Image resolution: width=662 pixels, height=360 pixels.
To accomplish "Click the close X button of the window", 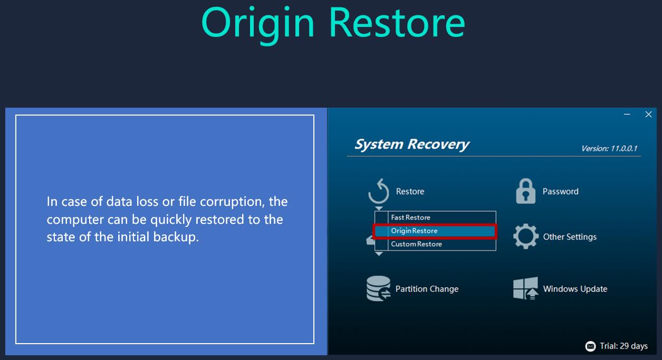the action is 648,115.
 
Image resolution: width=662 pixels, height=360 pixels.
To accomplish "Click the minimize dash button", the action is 627,115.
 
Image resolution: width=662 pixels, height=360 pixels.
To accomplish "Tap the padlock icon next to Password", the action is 525,191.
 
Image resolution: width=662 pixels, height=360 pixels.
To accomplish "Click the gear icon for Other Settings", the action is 526,236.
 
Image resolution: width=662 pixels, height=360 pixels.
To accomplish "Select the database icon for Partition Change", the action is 379,288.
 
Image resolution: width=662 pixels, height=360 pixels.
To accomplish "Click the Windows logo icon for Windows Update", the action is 525,288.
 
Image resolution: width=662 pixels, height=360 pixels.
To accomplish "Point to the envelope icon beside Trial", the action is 590,346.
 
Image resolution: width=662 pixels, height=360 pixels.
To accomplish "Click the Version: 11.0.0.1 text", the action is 609,148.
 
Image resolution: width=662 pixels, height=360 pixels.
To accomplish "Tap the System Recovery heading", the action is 411,144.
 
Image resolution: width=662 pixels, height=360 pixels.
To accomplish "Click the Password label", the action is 560,192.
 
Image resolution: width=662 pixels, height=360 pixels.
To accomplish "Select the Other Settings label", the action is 570,237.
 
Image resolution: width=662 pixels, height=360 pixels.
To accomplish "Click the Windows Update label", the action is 575,289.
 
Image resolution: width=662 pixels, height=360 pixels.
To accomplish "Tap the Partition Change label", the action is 427,289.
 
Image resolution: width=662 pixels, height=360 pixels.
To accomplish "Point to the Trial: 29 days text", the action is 623,346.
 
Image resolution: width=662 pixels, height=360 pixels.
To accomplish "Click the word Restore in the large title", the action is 397,23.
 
